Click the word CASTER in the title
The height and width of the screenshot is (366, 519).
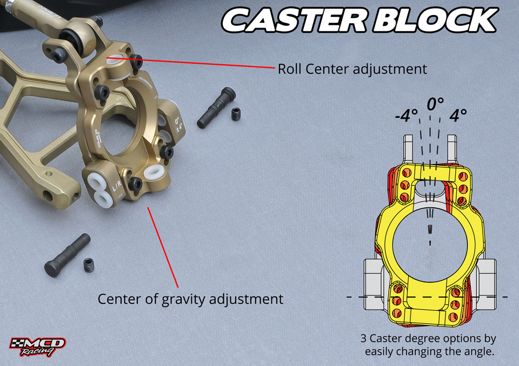290,21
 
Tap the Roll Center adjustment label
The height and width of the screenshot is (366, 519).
352,70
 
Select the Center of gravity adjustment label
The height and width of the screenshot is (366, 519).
190,299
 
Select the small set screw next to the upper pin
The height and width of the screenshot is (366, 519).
235,114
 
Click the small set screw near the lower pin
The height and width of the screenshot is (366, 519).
89,265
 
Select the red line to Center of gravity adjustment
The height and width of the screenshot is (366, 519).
163,246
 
